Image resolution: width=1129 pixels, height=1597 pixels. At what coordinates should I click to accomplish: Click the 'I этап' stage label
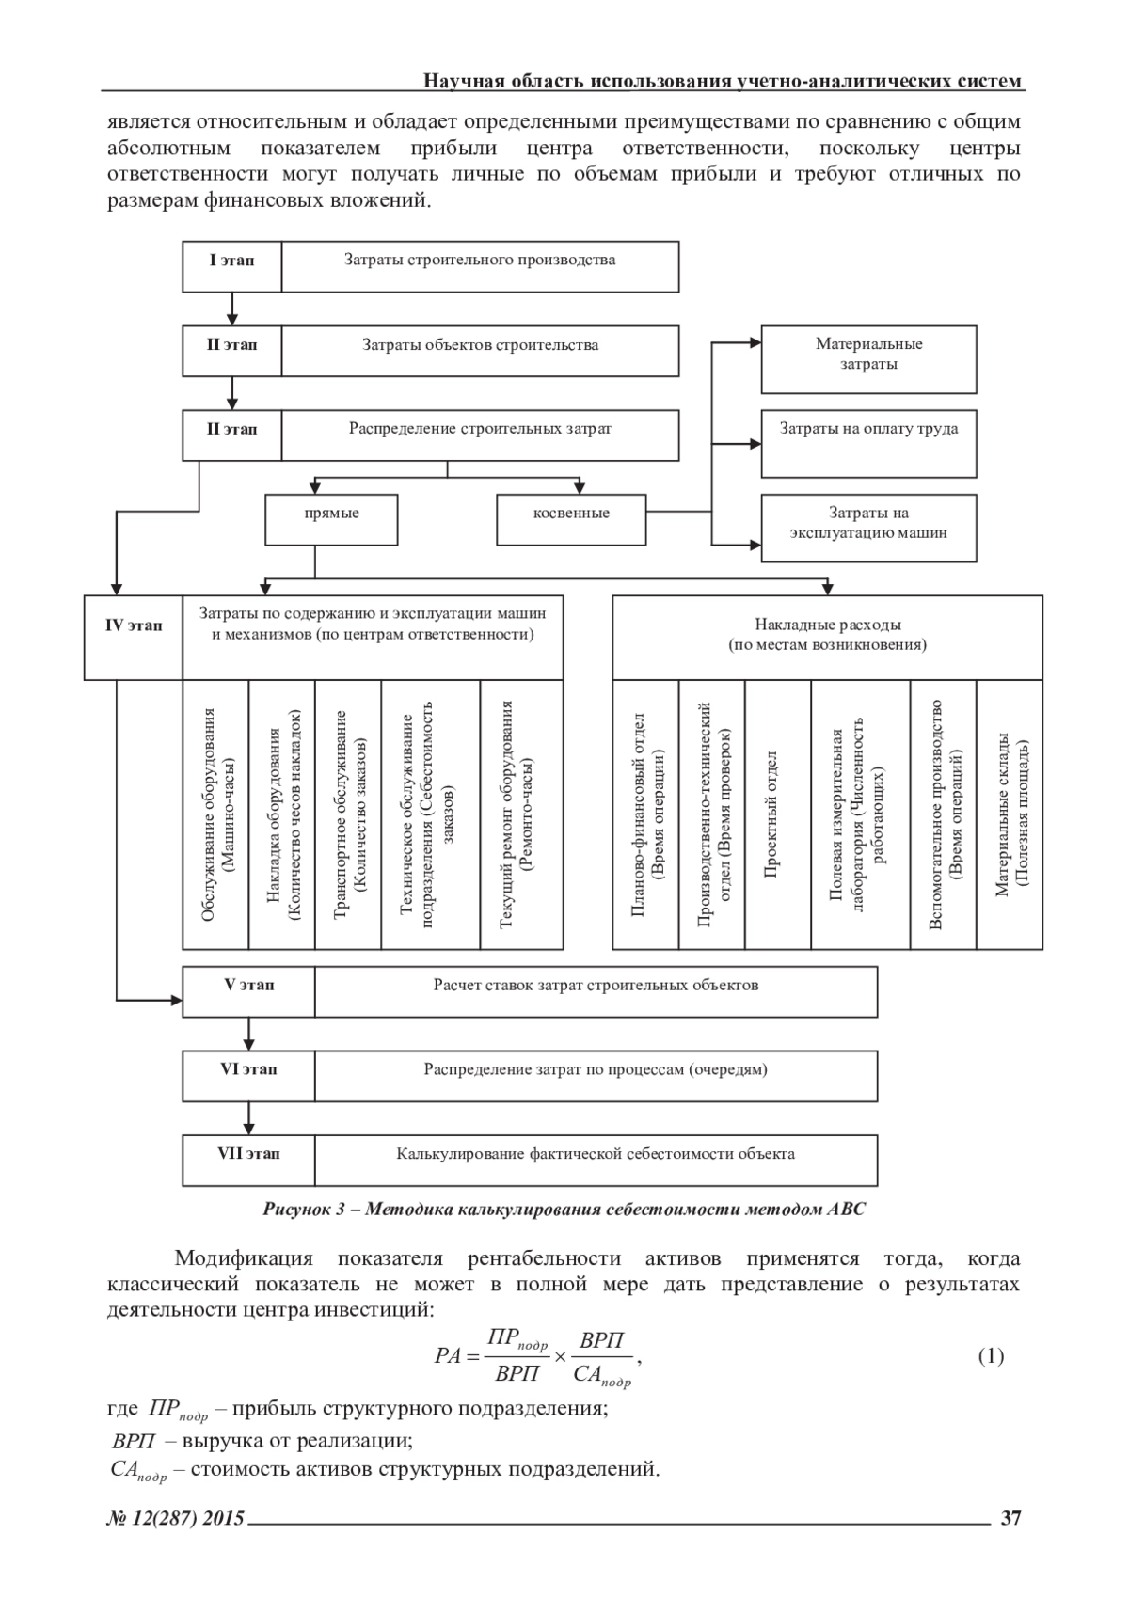point(231,261)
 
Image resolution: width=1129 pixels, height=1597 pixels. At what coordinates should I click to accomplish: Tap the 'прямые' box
point(331,514)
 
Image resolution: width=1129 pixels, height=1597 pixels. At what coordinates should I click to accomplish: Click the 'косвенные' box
point(571,514)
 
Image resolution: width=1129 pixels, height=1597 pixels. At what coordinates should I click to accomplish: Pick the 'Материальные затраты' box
point(868,355)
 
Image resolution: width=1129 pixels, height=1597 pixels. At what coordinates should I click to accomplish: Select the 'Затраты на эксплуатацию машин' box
point(868,524)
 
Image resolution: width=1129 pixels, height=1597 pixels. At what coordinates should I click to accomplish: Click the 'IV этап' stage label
point(133,626)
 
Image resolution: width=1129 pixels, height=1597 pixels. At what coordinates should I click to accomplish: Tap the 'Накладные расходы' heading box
point(827,636)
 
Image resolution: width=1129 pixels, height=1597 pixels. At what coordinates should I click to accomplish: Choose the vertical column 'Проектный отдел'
point(777,814)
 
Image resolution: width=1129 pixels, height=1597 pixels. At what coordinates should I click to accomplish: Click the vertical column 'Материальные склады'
point(1010,814)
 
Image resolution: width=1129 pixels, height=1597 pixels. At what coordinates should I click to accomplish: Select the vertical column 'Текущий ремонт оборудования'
point(521,814)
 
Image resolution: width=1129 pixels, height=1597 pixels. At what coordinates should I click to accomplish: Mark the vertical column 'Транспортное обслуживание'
point(348,814)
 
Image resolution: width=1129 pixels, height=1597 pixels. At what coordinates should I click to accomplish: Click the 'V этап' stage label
point(249,986)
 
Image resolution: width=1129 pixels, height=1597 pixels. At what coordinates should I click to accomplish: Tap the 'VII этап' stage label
point(249,1154)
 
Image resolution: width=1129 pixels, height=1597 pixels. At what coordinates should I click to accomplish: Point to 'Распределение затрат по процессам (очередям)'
point(596,1070)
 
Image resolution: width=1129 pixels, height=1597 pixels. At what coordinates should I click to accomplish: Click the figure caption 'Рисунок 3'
point(564,1210)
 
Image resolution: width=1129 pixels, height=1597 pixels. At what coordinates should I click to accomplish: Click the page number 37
point(1010,1518)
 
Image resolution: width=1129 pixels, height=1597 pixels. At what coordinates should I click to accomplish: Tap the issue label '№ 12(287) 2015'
point(175,1518)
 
